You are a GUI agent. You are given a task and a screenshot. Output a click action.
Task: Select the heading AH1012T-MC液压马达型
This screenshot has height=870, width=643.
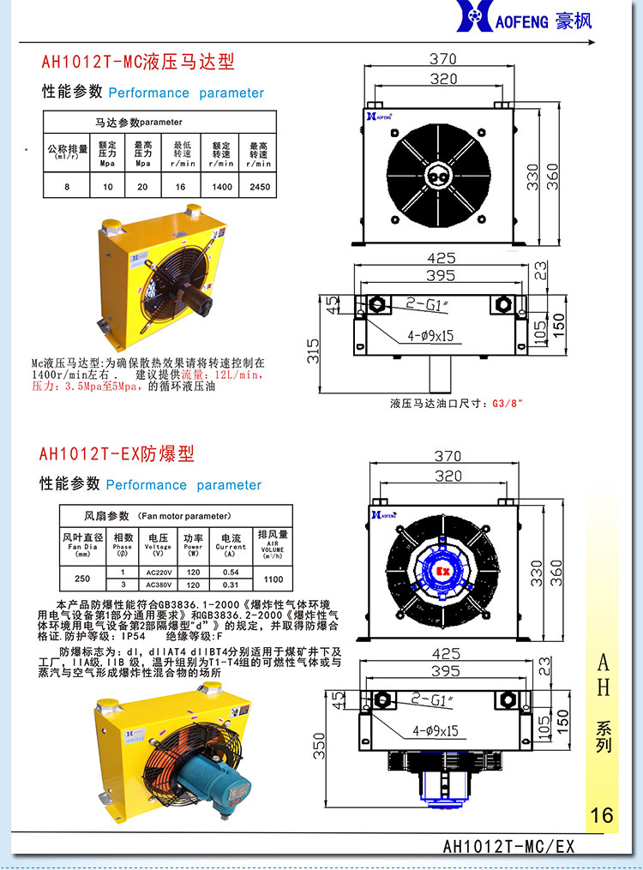coord(138,63)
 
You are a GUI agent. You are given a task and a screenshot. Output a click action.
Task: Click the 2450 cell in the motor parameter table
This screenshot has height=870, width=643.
coord(258,186)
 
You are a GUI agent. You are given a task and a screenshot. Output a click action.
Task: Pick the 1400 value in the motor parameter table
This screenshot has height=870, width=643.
coord(221,186)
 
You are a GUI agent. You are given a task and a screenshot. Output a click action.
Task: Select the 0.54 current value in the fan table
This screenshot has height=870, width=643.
coord(230,572)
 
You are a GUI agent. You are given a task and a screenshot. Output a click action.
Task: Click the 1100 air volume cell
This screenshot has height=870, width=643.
coord(273,579)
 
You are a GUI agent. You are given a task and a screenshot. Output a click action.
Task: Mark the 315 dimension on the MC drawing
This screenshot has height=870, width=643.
coord(314,349)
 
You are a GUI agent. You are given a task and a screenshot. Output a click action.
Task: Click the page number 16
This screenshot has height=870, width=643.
coord(602,813)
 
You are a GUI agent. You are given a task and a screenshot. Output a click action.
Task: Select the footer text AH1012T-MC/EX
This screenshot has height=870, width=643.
coord(508,847)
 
